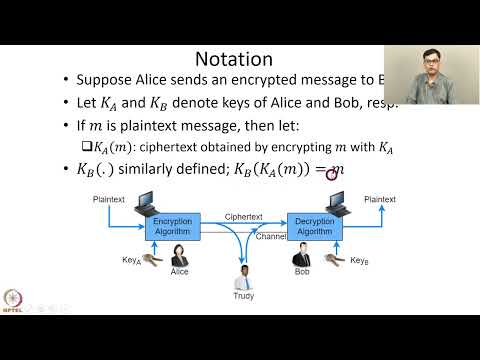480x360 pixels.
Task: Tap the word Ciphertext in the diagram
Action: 244,215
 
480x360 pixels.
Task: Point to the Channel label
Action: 270,238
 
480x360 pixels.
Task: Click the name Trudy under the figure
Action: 244,295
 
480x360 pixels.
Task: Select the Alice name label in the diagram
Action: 180,271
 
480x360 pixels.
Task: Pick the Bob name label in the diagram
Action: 302,271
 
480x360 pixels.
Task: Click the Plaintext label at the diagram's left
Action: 109,200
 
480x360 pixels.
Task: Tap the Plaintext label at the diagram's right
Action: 379,200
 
